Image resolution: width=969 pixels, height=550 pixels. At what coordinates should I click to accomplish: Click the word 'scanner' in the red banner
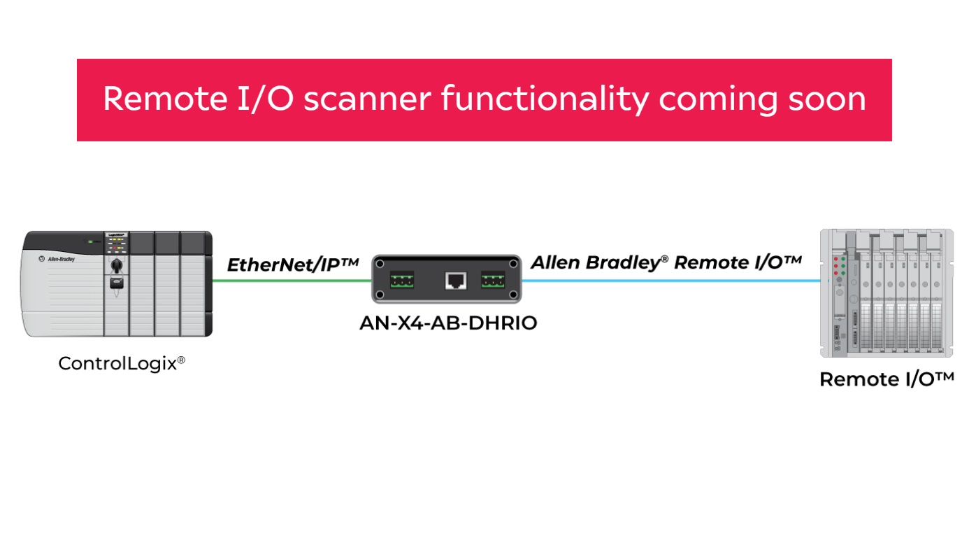tap(366, 99)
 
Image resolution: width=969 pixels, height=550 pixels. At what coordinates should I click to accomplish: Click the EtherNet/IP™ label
tap(292, 265)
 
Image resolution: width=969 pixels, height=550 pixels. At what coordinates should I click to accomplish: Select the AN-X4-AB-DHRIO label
tap(447, 323)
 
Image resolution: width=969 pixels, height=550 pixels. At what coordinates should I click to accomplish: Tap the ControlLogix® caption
tap(122, 364)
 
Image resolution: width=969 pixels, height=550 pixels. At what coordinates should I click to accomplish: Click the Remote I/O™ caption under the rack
tap(886, 379)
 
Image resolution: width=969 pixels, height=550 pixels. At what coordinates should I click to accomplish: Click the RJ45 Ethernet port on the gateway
tap(456, 281)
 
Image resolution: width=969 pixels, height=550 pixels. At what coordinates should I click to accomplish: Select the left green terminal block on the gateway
tap(402, 281)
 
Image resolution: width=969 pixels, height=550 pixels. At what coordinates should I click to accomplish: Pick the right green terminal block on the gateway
tap(493, 281)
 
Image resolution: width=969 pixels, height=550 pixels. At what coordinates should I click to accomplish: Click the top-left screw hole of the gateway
tap(380, 264)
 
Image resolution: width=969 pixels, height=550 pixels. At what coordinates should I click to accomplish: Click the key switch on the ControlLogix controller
tap(117, 265)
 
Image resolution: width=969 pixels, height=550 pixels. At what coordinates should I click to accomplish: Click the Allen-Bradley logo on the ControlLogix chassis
tap(59, 258)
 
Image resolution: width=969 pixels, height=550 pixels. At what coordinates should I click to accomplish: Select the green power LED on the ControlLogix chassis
tap(90, 241)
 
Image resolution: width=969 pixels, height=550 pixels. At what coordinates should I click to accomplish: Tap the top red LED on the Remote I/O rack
tap(837, 260)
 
